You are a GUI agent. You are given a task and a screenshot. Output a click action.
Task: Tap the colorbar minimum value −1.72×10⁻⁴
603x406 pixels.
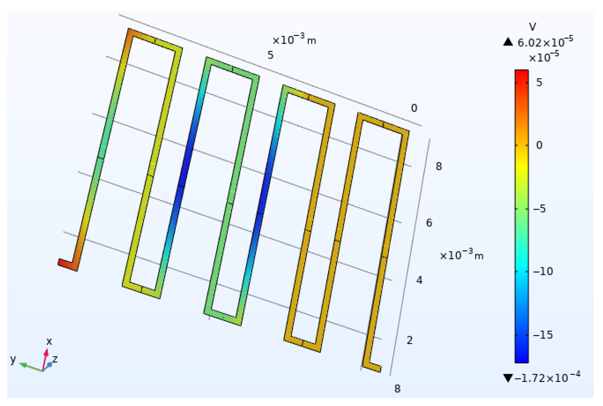click(547, 378)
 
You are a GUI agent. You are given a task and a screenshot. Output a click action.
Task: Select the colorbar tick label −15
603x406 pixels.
click(543, 335)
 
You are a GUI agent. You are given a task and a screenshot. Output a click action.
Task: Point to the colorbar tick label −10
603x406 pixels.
click(543, 271)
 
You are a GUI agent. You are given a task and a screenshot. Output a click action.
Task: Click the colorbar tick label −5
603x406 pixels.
click(539, 209)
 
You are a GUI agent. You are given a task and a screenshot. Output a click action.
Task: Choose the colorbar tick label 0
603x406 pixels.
click(539, 145)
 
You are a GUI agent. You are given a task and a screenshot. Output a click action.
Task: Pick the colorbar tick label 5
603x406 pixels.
click(539, 83)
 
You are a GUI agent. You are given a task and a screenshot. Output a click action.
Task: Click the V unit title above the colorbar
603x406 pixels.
click(533, 27)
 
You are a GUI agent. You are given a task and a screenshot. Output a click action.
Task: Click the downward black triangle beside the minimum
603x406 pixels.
click(508, 378)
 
